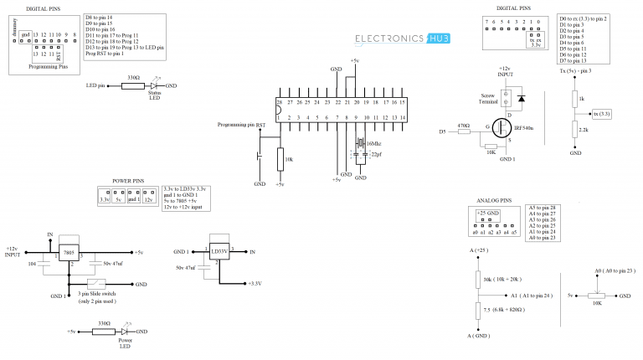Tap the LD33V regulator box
pos(219,252)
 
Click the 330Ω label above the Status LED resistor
pos(132,77)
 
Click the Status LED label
pos(155,95)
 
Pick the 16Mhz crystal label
pos(374,144)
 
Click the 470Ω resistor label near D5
pos(464,125)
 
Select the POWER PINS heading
pos(127,179)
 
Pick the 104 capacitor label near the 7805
pos(31,263)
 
